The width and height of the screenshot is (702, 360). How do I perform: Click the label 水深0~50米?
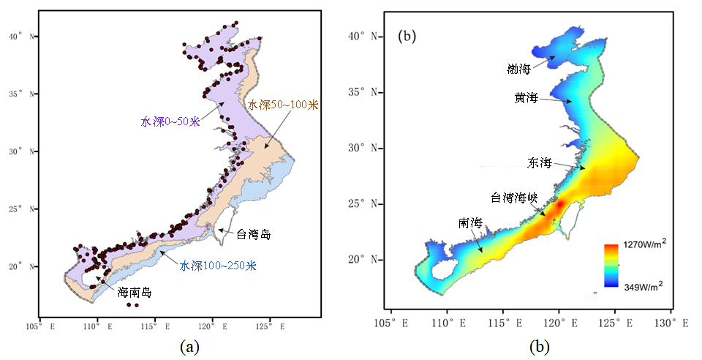pos(170,121)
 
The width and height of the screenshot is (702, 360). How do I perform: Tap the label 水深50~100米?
pos(283,105)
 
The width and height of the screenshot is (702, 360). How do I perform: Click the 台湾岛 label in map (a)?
pos(253,235)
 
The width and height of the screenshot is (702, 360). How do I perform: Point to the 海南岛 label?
pos(135,293)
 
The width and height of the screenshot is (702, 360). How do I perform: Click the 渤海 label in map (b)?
pos(519,70)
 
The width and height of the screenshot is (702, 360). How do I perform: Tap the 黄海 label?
pos(526,97)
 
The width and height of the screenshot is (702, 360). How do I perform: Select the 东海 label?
pos(538,162)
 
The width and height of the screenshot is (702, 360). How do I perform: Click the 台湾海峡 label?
pos(514,198)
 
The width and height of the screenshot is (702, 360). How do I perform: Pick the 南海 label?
pos(469,222)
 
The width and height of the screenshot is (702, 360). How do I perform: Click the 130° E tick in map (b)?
pos(671,323)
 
